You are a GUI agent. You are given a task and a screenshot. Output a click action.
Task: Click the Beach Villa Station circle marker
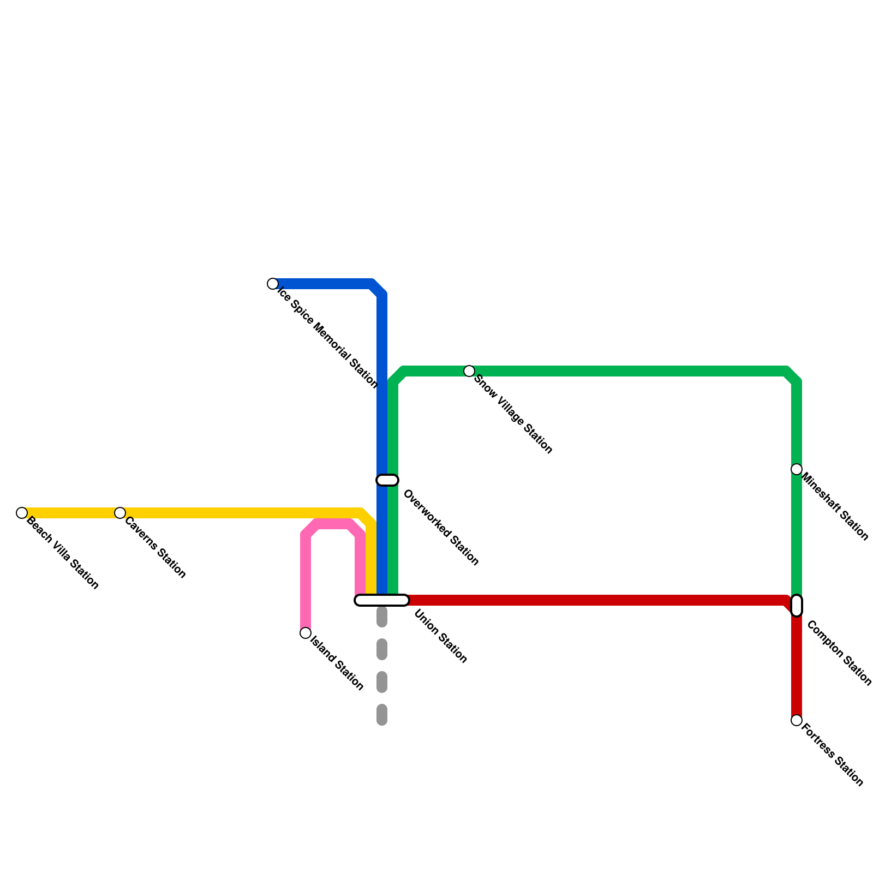[22, 513]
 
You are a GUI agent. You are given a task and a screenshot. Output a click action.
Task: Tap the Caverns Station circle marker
[120, 513]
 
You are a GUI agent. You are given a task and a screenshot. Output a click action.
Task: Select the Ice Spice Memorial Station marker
[273, 284]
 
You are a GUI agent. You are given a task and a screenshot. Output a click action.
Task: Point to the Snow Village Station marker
[469, 371]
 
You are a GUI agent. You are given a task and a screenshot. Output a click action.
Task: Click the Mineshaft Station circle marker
[797, 469]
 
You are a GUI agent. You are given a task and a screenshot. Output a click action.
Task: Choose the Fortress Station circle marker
[797, 720]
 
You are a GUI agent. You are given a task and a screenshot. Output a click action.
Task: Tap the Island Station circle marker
[306, 633]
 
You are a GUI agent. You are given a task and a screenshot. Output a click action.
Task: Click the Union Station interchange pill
[382, 600]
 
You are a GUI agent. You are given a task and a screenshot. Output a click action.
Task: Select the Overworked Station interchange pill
[387, 480]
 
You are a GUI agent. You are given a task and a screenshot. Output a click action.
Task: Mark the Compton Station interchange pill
[797, 606]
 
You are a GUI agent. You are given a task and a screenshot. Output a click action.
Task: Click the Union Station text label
[440, 636]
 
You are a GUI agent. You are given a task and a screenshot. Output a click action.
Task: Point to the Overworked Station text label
[440, 528]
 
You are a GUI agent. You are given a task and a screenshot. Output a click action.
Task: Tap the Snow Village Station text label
[513, 414]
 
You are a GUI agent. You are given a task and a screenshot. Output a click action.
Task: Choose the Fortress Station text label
[833, 755]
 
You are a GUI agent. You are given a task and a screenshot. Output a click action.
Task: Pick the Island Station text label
[337, 663]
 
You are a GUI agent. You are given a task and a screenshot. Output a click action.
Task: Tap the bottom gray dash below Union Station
[382, 715]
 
